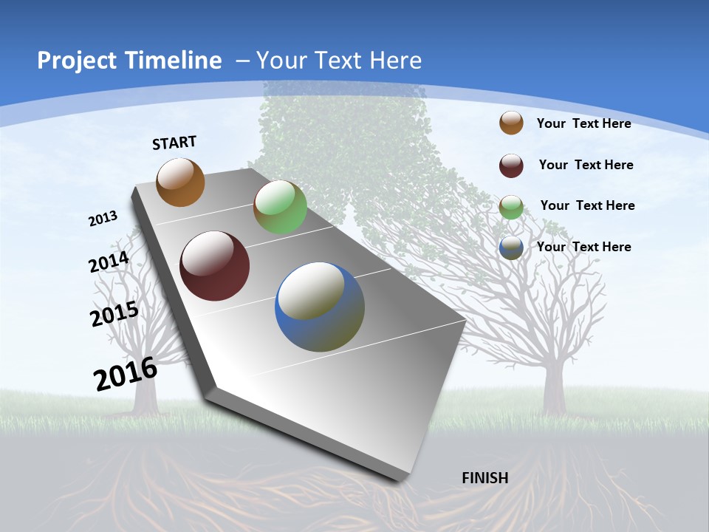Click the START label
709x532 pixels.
pyautogui.click(x=174, y=143)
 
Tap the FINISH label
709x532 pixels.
pyautogui.click(x=485, y=478)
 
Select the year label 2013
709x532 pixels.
pyautogui.click(x=103, y=218)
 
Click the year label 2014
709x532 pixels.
pyautogui.click(x=109, y=262)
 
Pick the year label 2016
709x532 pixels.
pyautogui.click(x=126, y=374)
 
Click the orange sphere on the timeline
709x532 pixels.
pyautogui.click(x=180, y=182)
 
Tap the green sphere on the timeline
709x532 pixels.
pyautogui.click(x=280, y=207)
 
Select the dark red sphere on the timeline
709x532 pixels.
pyautogui.click(x=214, y=266)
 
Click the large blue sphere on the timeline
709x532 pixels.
pyautogui.click(x=320, y=307)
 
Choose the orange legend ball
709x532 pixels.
pyautogui.click(x=511, y=123)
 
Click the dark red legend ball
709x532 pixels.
pyautogui.click(x=511, y=165)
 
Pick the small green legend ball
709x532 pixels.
pyautogui.click(x=511, y=206)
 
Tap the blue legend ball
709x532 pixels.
pyautogui.click(x=511, y=248)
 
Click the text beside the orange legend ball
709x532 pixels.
pyautogui.click(x=583, y=123)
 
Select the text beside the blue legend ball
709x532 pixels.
pyautogui.click(x=583, y=247)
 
